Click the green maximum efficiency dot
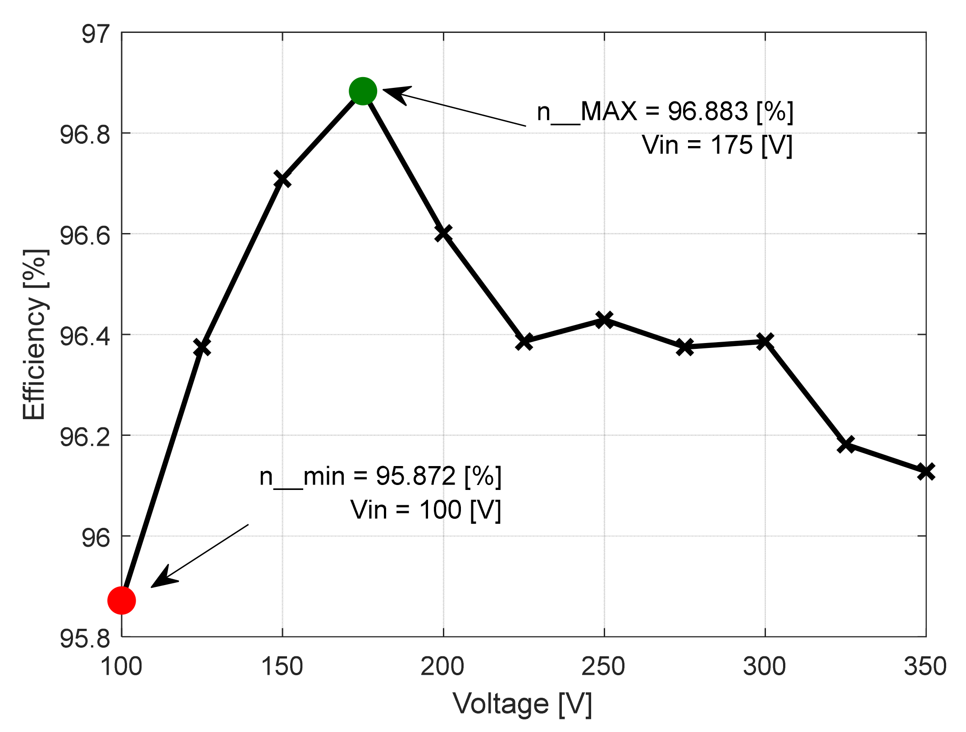tap(363, 91)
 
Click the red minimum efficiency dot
tap(122, 600)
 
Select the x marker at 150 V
tap(283, 179)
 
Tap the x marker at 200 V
tap(443, 233)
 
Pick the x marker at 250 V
tap(604, 320)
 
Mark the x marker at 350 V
tap(926, 472)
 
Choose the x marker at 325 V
tap(846, 444)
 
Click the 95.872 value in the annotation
tap(415, 476)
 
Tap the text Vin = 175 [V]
tap(717, 145)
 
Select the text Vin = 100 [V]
tap(426, 510)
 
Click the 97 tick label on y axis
tap(96, 34)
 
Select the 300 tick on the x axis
tap(765, 667)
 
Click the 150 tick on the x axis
tap(282, 667)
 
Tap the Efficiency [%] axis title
tap(35, 334)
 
